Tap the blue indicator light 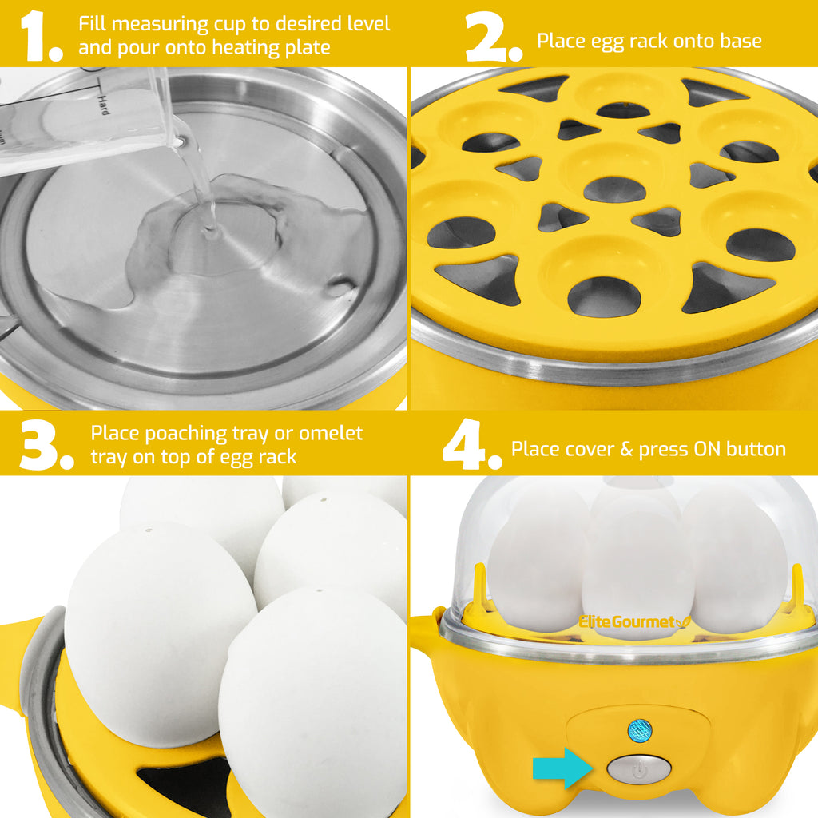pos(639,729)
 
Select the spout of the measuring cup pos(181,140)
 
